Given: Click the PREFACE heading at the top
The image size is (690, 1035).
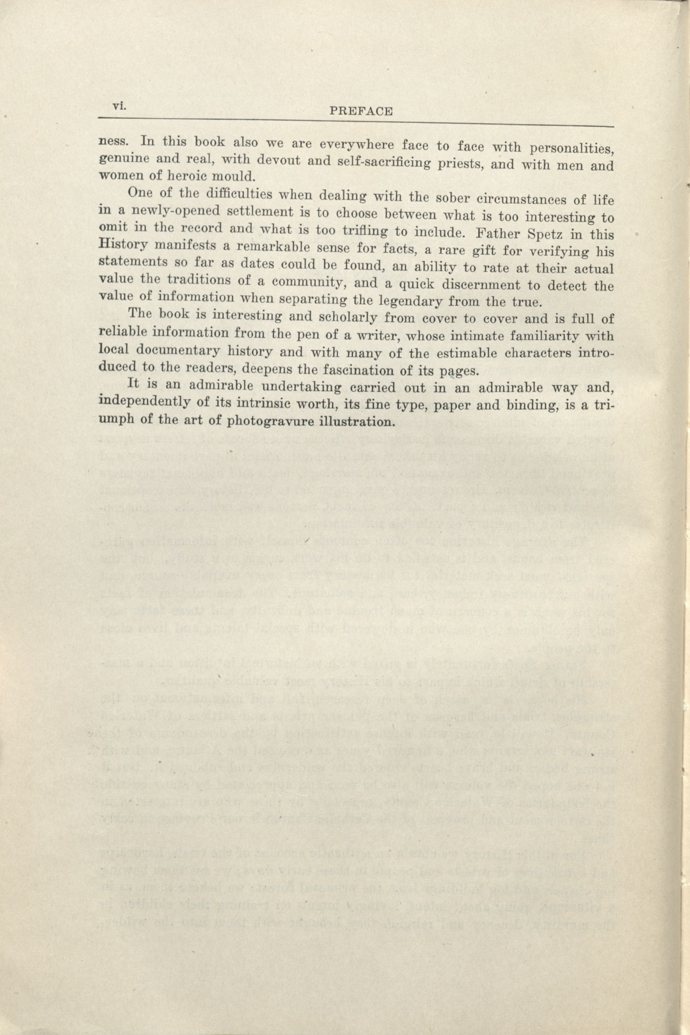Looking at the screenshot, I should click(361, 111).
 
